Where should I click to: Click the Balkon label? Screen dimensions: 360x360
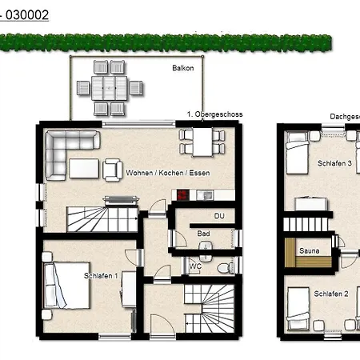[x=182, y=69]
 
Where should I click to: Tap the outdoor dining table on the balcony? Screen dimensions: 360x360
[x=102, y=84]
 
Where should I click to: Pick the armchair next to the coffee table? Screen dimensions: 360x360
[x=111, y=169]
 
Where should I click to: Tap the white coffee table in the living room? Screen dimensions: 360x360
[x=83, y=168]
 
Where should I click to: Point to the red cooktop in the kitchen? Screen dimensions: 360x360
[x=183, y=194]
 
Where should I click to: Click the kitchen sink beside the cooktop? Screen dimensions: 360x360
[x=199, y=194]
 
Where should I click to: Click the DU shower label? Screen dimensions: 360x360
[x=218, y=216]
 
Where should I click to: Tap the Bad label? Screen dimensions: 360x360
[x=204, y=234]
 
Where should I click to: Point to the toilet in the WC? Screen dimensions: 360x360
[x=227, y=266]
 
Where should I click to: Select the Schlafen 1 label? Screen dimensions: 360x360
[x=101, y=276]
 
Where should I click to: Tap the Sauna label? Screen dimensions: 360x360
[x=308, y=250]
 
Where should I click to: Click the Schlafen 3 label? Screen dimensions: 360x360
[x=334, y=163]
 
